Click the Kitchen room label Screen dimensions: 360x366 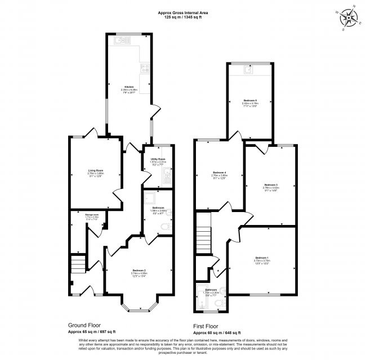point(129,87)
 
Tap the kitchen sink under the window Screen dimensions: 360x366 point(121,40)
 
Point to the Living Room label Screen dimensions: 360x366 point(95,170)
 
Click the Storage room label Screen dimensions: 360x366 point(92,214)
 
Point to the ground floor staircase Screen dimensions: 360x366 point(78,263)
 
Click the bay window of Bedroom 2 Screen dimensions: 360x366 point(139,308)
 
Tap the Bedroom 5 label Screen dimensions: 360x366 point(250,100)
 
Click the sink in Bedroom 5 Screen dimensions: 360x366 point(248,70)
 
